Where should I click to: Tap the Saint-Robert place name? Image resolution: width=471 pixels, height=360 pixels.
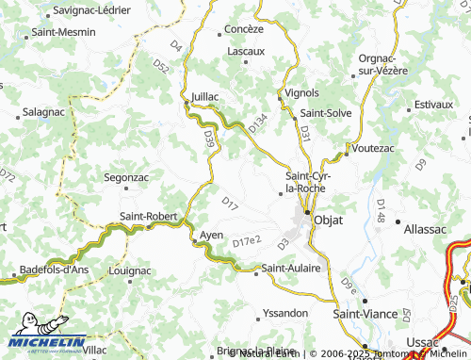pyautogui.click(x=149, y=216)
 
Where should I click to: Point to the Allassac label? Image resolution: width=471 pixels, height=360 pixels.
pyautogui.click(x=423, y=228)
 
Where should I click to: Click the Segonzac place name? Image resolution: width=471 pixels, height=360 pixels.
pyautogui.click(x=125, y=176)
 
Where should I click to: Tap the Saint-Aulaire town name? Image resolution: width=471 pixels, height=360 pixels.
pyautogui.click(x=291, y=269)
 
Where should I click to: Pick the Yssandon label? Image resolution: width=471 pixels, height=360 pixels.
pyautogui.click(x=285, y=312)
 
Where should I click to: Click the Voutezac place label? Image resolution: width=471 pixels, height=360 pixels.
pyautogui.click(x=375, y=148)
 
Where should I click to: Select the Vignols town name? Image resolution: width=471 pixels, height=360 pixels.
pyautogui.click(x=302, y=93)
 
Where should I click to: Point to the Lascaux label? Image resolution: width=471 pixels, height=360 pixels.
pyautogui.click(x=247, y=50)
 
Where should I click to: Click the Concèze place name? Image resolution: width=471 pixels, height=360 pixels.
pyautogui.click(x=244, y=29)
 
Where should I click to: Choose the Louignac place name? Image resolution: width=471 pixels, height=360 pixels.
pyautogui.click(x=130, y=270)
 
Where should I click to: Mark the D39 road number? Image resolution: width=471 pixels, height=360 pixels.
pyautogui.click(x=209, y=139)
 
